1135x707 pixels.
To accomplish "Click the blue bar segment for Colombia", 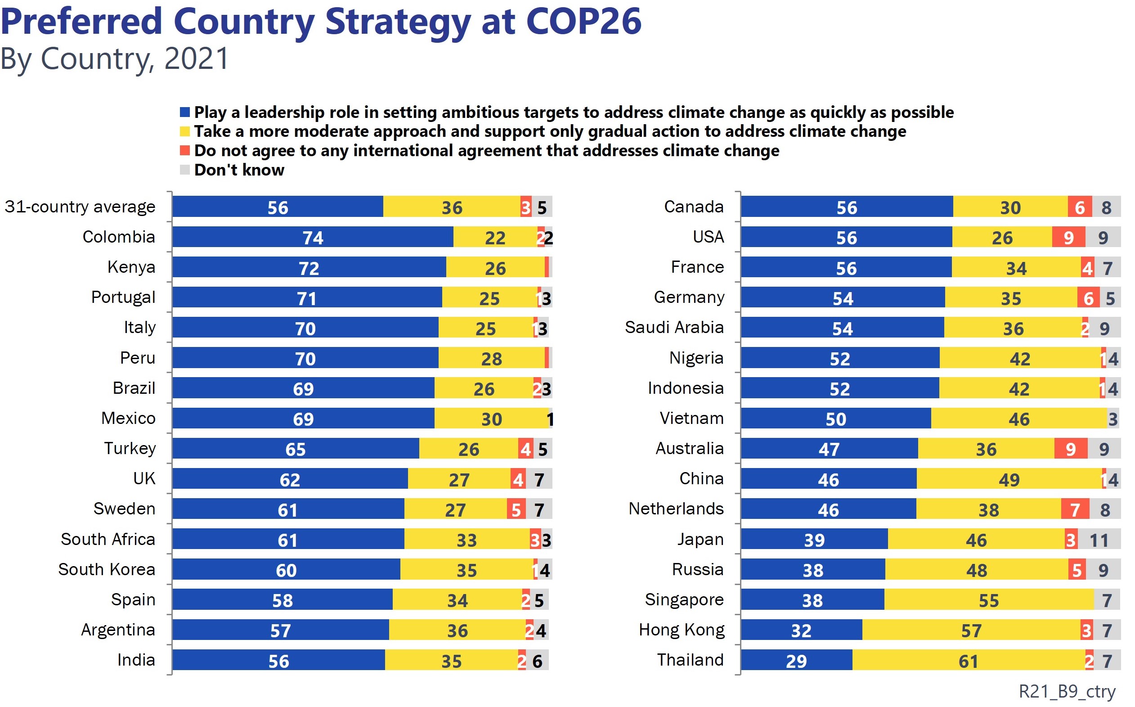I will point(312,237).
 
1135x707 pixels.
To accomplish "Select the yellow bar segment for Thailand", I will point(968,661).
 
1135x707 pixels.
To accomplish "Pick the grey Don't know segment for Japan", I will point(1099,540).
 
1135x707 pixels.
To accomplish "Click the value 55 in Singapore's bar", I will point(989,600).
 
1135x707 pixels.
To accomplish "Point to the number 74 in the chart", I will point(313,238).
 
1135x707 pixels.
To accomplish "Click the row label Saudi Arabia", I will point(674,327).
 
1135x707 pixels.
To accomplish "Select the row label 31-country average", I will point(80,207).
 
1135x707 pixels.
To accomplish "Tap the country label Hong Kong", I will point(681,630).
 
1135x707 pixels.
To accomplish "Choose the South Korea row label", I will point(107,570).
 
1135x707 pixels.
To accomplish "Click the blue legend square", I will point(185,112).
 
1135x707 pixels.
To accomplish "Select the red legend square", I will point(185,151).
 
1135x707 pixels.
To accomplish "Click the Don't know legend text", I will point(239,170).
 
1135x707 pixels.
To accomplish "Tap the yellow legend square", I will point(185,131).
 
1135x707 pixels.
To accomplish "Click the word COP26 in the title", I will point(583,22).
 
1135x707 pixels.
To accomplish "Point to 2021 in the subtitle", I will point(196,59).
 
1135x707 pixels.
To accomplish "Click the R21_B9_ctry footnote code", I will point(1067,691).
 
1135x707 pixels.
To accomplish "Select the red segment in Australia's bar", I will point(1071,448).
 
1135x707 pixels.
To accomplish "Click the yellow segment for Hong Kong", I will point(971,630).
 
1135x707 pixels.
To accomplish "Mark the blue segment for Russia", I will point(812,570).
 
